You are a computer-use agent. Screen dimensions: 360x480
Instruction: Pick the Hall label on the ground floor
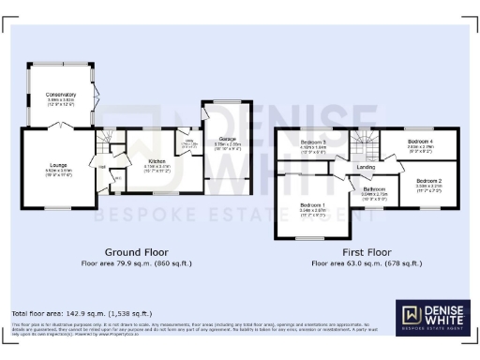pos(102,166)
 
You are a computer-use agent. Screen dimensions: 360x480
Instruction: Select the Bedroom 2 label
pos(428,179)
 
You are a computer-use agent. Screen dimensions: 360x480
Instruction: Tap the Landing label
pos(367,168)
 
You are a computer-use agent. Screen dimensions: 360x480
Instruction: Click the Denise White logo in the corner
pos(432,317)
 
